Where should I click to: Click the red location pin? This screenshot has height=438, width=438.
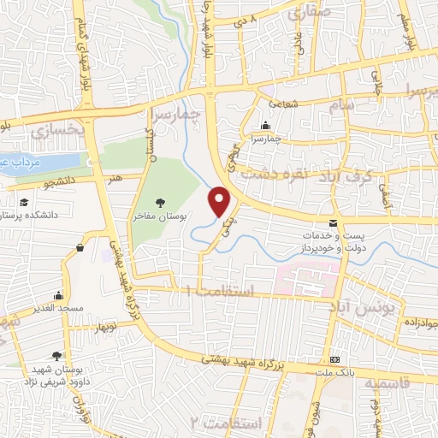coord(220,200)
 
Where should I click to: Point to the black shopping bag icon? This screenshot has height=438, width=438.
coord(80,248)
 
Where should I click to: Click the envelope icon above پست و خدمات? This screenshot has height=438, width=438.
coord(333,222)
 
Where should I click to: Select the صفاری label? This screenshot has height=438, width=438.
coord(302,13)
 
